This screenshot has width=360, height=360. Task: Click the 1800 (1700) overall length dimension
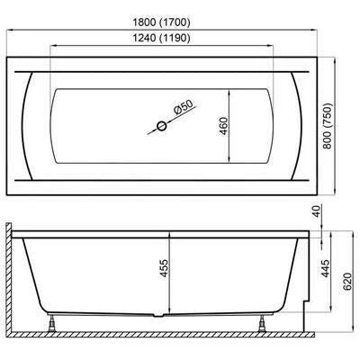pyautogui.click(x=161, y=22)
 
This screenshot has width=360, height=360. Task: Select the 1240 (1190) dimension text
pyautogui.click(x=161, y=38)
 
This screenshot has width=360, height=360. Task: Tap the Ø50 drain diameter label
pyautogui.click(x=183, y=106)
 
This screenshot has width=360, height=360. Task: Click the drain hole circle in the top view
pyautogui.click(x=162, y=126)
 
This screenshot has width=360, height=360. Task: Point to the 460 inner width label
pyautogui.click(x=223, y=126)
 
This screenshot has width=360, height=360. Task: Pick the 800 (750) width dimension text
pyautogui.click(x=328, y=126)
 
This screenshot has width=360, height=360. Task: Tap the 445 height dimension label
pyautogui.click(x=325, y=268)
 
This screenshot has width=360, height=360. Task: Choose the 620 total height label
pyautogui.click(x=346, y=281)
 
